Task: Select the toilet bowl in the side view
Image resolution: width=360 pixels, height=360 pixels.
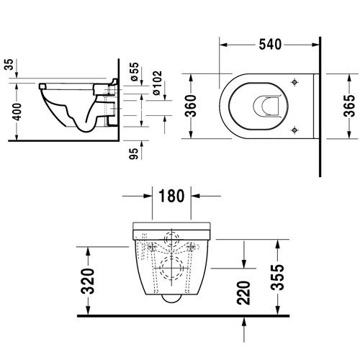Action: click(72, 108)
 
